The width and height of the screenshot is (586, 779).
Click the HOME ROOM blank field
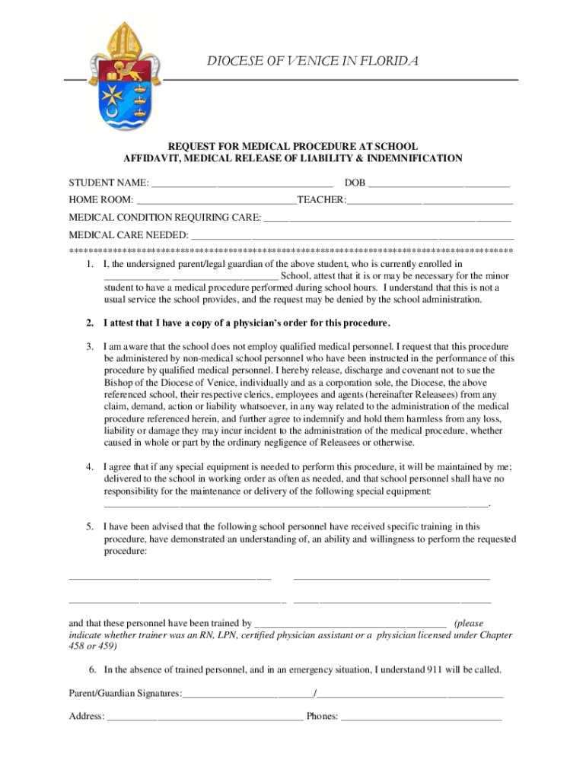coord(216,202)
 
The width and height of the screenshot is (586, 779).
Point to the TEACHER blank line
coord(430,202)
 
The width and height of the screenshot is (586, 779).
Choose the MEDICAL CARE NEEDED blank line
coord(351,235)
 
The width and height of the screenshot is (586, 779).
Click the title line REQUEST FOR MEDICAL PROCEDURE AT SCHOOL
coord(293,146)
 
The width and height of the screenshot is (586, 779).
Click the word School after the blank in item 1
coord(295,276)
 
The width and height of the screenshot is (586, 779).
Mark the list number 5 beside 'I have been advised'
coord(89,526)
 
